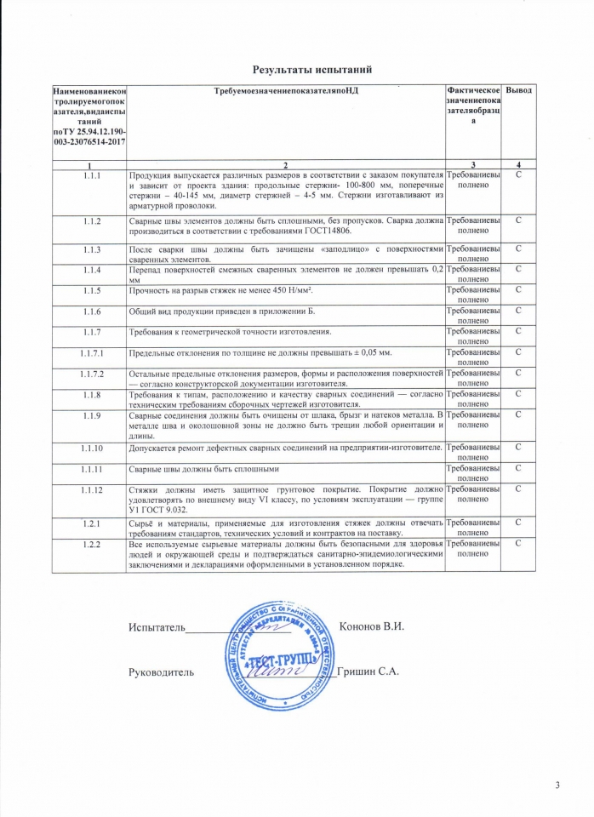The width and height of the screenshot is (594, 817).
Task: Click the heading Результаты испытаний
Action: click(x=313, y=68)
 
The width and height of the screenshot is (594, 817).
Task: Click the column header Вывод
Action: click(x=518, y=90)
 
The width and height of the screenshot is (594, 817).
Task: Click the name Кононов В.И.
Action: click(x=370, y=626)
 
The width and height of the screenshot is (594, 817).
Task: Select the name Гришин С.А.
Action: click(x=368, y=671)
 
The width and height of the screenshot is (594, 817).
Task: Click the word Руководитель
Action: click(x=162, y=672)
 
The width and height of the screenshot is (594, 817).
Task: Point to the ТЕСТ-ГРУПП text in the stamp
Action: click(x=282, y=660)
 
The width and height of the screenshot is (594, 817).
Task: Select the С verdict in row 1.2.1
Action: click(x=518, y=522)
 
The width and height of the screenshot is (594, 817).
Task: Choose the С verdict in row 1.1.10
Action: click(x=518, y=447)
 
